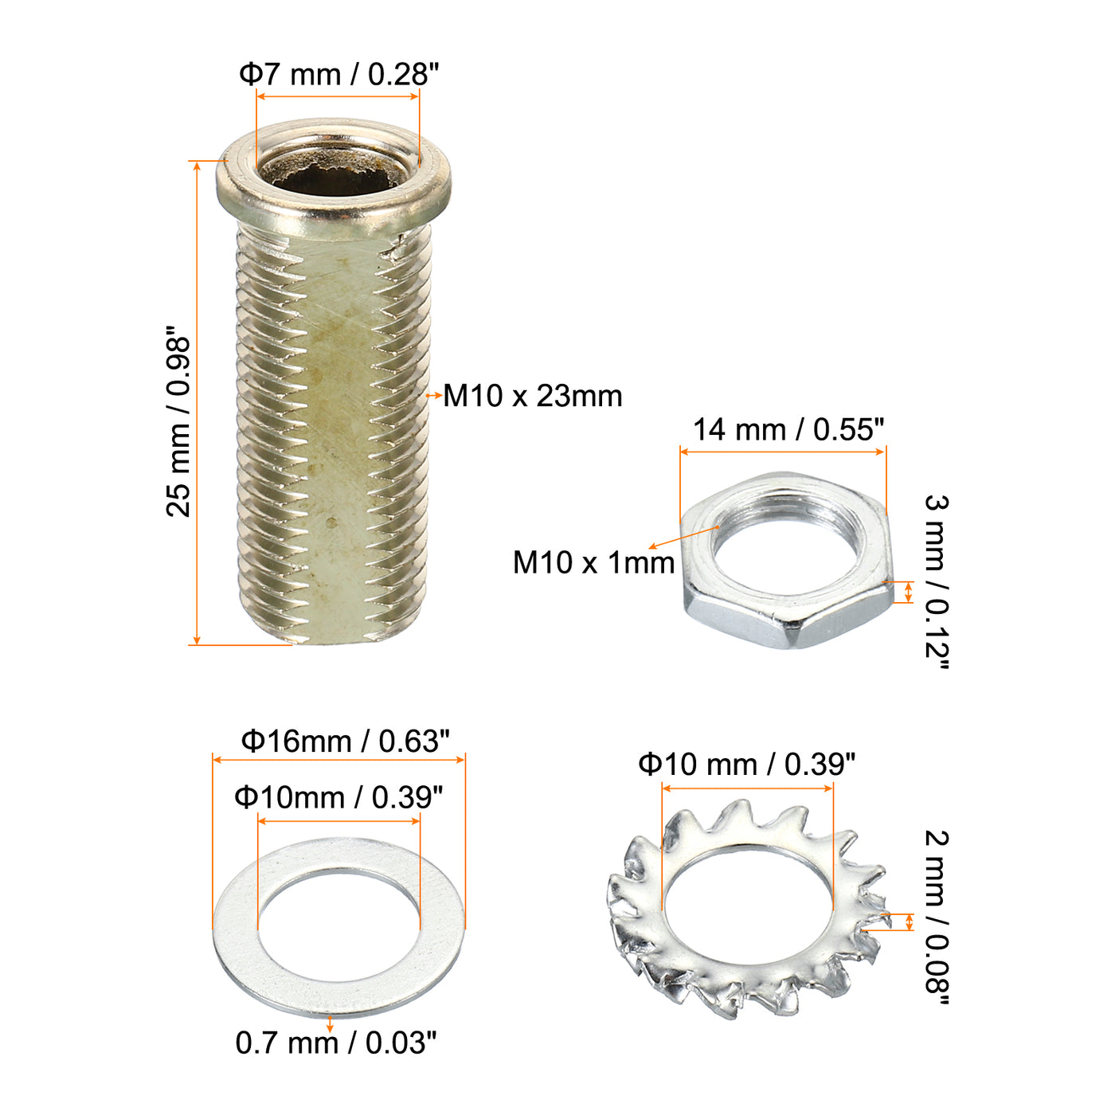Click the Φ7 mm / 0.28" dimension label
(339, 75)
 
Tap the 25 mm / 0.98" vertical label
(178, 421)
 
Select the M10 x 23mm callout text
(533, 397)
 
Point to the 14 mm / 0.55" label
(788, 429)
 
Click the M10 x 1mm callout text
(593, 562)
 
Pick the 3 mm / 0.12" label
(937, 581)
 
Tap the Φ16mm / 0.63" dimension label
(346, 741)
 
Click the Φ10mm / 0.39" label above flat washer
(338, 797)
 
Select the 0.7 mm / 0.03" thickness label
(335, 1043)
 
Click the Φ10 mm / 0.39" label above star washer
(746, 765)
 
